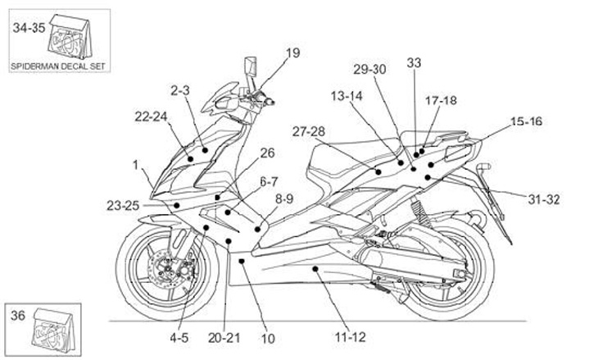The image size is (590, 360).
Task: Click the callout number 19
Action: tap(293, 53)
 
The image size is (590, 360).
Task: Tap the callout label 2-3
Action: tap(179, 90)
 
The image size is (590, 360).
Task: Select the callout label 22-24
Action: tap(151, 116)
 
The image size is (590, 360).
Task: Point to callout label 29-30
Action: tap(370, 69)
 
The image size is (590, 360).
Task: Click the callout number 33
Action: tap(414, 63)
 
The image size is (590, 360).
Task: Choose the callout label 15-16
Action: tap(526, 121)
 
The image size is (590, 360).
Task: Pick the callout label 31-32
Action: tap(544, 199)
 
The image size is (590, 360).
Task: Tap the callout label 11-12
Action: tap(351, 337)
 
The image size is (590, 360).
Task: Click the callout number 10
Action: tap(268, 339)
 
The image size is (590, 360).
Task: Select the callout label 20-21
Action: tap(224, 338)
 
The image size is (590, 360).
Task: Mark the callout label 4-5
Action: tap(179, 338)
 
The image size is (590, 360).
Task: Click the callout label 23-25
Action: tap(123, 206)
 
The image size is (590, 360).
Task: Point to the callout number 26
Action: tap(267, 153)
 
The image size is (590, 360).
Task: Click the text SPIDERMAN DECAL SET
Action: tap(58, 66)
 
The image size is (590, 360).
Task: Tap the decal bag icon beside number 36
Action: tap(54, 330)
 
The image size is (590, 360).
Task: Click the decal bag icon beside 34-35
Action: tap(70, 37)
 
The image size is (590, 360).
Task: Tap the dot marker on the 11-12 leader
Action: tap(315, 268)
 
